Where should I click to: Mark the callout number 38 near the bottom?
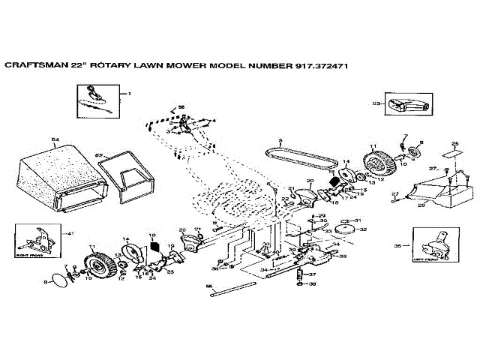[x=313, y=285]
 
